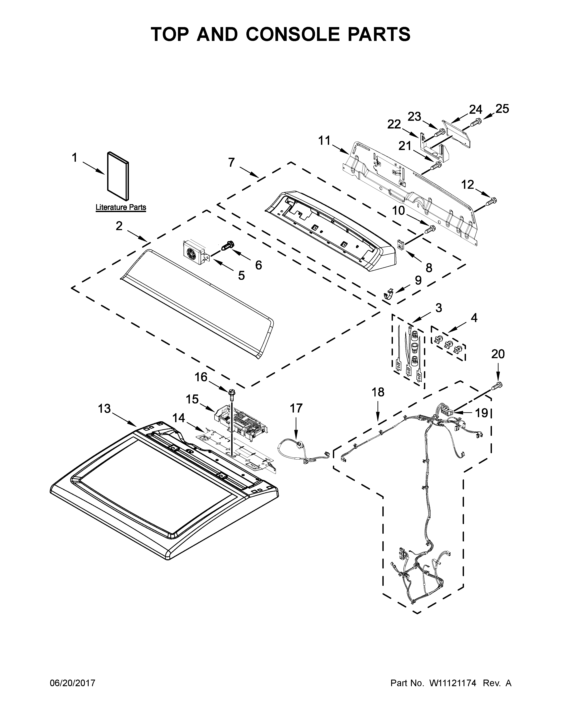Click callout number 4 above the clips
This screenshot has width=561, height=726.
pos(474,318)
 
